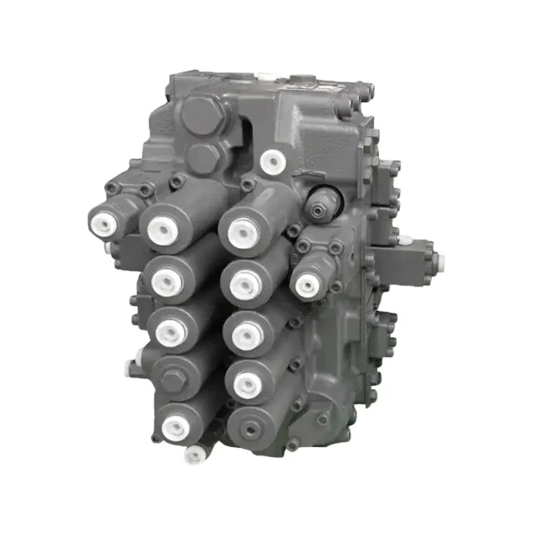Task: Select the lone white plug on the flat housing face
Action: [x=272, y=161]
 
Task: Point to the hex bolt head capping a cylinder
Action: [x=171, y=379]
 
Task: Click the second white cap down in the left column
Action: [x=165, y=281]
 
